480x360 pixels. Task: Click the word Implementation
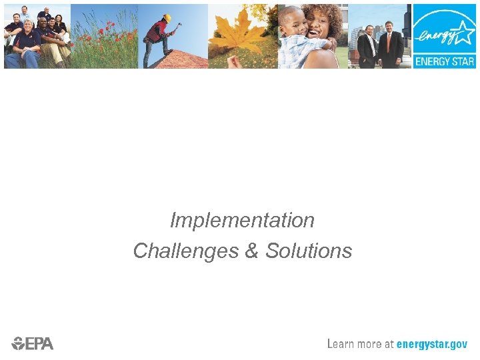pyautogui.click(x=242, y=220)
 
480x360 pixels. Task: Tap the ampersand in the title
pyautogui.click(x=251, y=251)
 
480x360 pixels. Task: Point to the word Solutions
pyautogui.click(x=309, y=251)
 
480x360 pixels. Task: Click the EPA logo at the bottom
pyautogui.click(x=33, y=343)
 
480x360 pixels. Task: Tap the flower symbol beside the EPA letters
pyautogui.click(x=18, y=343)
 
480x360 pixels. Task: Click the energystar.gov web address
pyautogui.click(x=432, y=344)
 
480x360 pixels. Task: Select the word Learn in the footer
pyautogui.click(x=341, y=344)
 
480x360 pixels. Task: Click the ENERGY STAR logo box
pyautogui.click(x=443, y=36)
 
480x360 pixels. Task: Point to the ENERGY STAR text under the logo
pyautogui.click(x=443, y=61)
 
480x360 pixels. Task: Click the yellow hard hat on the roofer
pyautogui.click(x=167, y=18)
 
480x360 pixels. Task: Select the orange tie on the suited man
pyautogui.click(x=389, y=42)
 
